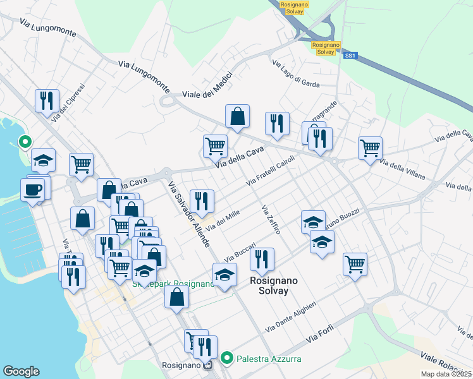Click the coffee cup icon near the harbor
point(33,189)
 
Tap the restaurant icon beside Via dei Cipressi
point(47,100)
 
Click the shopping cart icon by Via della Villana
point(370,148)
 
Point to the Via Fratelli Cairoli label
point(271,171)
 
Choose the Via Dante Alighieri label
point(299,316)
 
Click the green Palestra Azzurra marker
point(230,359)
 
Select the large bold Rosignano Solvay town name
point(269,286)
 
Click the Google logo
point(21,371)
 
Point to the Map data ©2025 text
point(446,374)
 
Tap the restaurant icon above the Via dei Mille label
point(202,201)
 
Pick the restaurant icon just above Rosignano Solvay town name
point(262,259)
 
